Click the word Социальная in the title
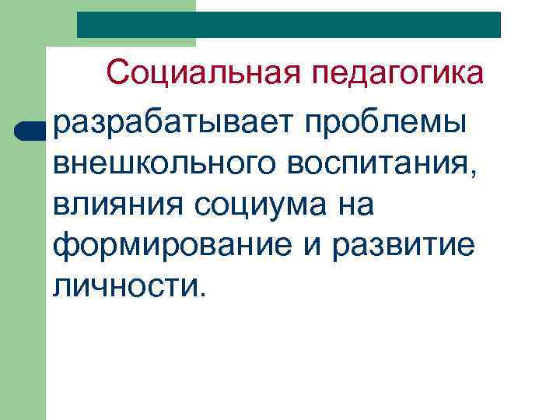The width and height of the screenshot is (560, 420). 204,75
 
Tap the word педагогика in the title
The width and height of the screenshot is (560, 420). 398,76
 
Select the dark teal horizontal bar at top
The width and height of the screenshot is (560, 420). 289,24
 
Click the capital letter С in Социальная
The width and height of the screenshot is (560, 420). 118,75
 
